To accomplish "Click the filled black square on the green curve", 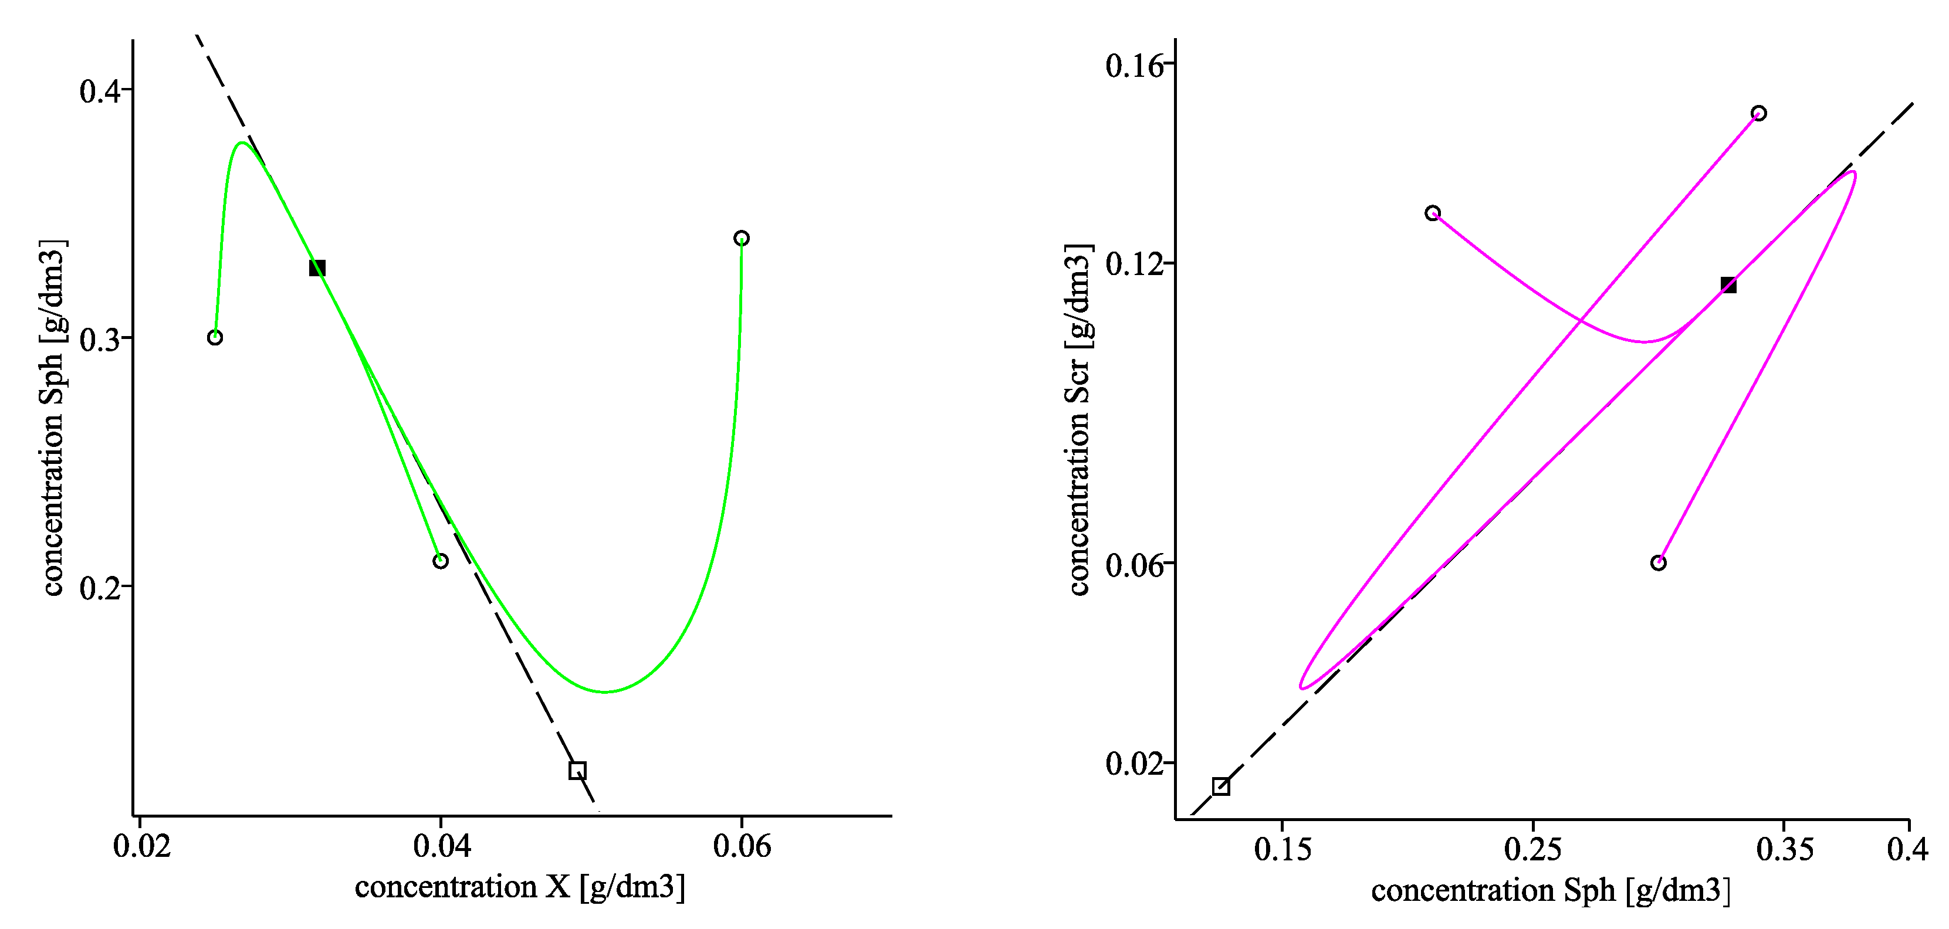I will coord(317,268).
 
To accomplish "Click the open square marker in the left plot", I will coord(577,770).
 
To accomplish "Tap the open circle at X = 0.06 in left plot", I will coord(742,238).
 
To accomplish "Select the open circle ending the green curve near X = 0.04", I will coord(441,561).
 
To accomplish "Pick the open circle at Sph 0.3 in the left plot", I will coord(215,337).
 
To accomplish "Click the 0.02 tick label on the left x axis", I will coord(141,846).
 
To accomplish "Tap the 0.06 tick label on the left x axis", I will coord(742,846).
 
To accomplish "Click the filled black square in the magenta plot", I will coord(1728,285).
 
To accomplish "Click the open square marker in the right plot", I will coord(1221,786).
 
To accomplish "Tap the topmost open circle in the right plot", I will coord(1759,113).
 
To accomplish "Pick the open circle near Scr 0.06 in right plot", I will coord(1659,563).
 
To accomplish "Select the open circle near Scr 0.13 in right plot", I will coord(1433,213).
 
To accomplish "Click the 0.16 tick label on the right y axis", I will coord(1133,66).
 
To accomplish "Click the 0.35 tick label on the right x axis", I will coord(1785,849).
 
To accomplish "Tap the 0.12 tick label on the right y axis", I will coord(1133,264).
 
